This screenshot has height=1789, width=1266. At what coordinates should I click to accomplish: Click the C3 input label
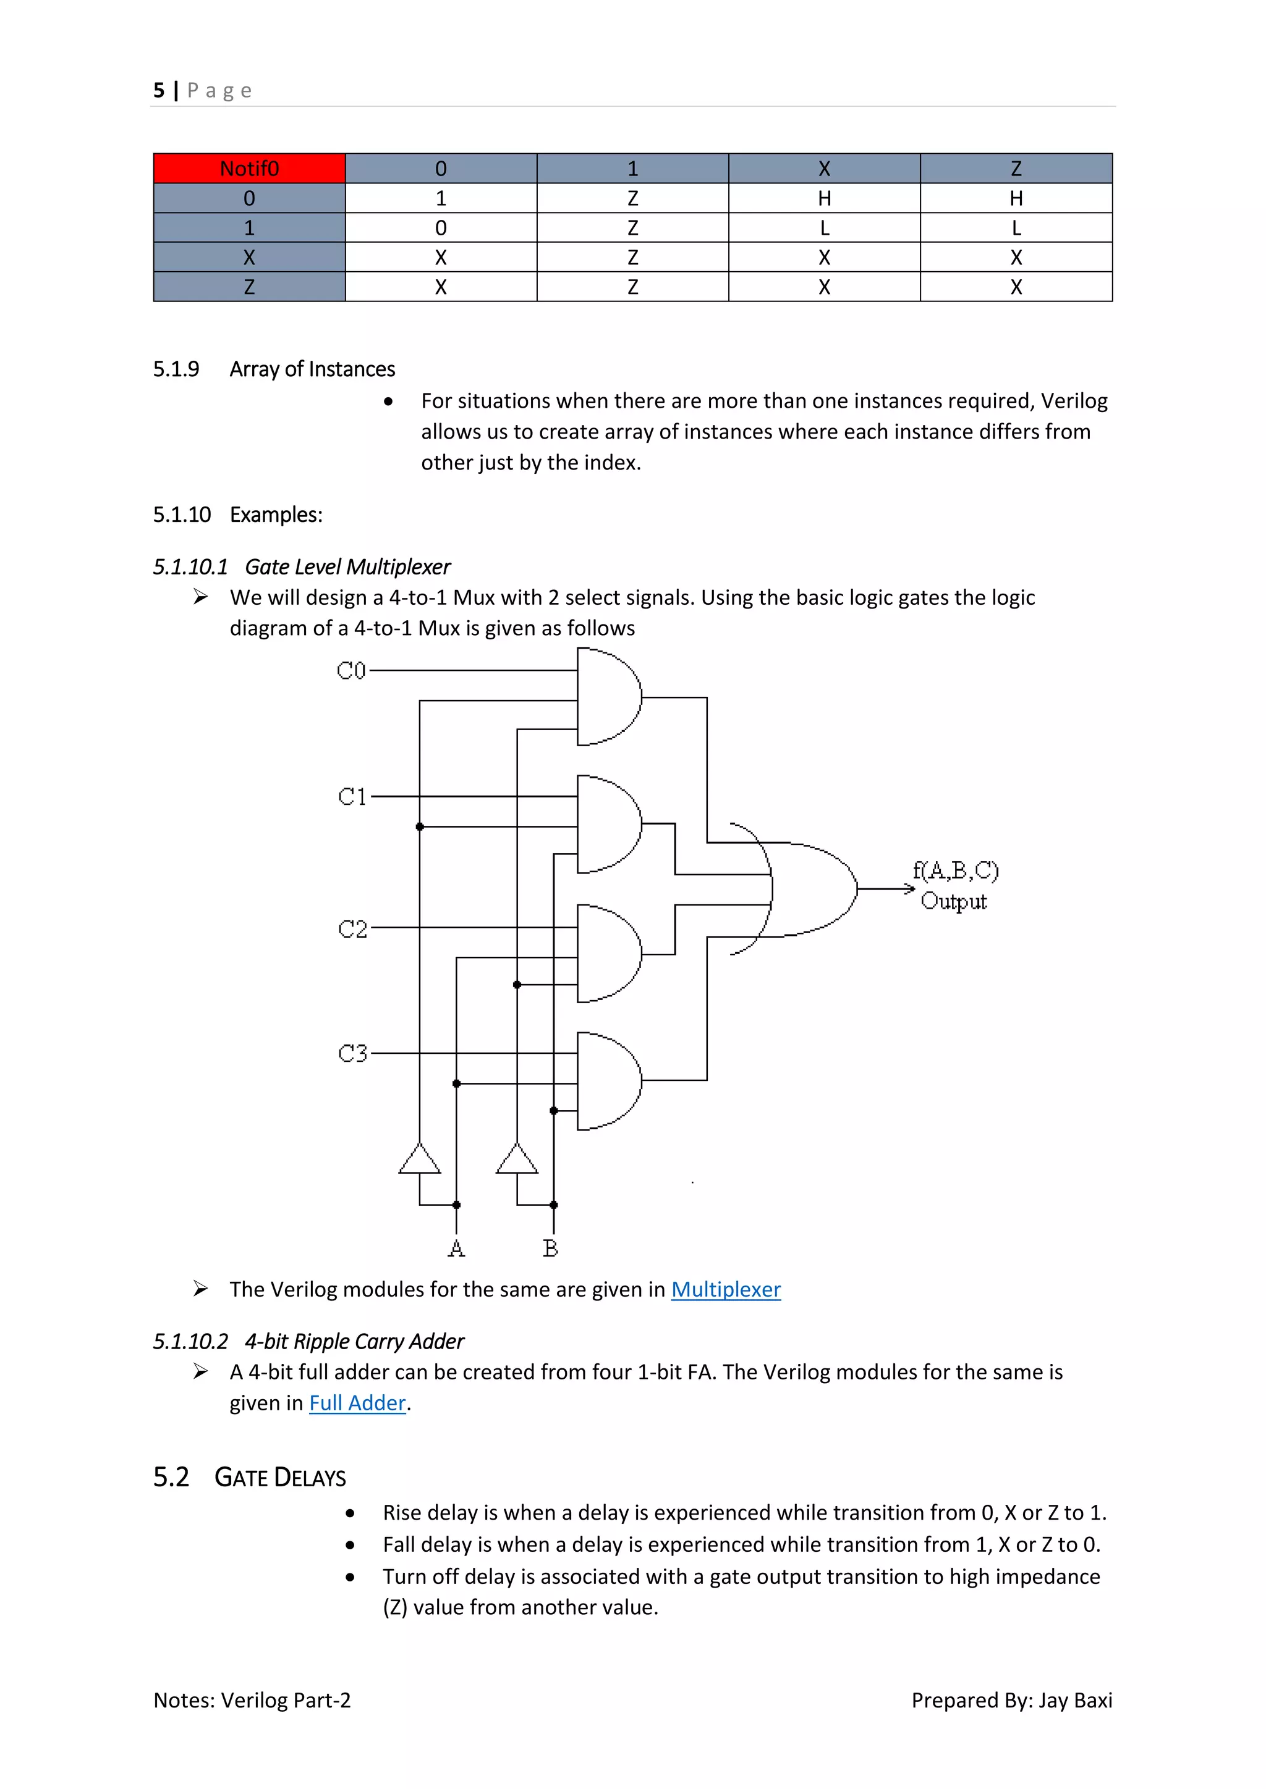[x=352, y=1053]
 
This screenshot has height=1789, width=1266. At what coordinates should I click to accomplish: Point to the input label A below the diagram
[x=456, y=1248]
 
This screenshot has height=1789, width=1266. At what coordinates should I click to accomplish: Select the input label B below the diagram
[x=550, y=1248]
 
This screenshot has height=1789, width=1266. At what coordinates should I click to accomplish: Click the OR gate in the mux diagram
[x=811, y=888]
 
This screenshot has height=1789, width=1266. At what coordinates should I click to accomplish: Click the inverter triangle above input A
[x=419, y=1160]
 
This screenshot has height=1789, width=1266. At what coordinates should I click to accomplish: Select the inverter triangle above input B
[x=517, y=1160]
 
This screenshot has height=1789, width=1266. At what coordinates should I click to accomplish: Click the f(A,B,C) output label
[x=956, y=870]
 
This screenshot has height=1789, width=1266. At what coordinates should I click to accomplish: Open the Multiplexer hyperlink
[x=726, y=1289]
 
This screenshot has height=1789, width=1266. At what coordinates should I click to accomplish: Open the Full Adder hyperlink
[x=358, y=1404]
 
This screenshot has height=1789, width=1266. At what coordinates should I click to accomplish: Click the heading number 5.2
[x=171, y=1476]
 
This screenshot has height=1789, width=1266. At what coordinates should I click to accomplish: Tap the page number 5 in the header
[x=159, y=90]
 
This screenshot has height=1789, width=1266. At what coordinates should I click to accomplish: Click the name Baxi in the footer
[x=1093, y=1700]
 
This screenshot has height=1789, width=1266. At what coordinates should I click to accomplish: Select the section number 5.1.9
[x=176, y=369]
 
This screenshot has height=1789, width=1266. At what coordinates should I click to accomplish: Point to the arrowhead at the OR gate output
[x=909, y=888]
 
